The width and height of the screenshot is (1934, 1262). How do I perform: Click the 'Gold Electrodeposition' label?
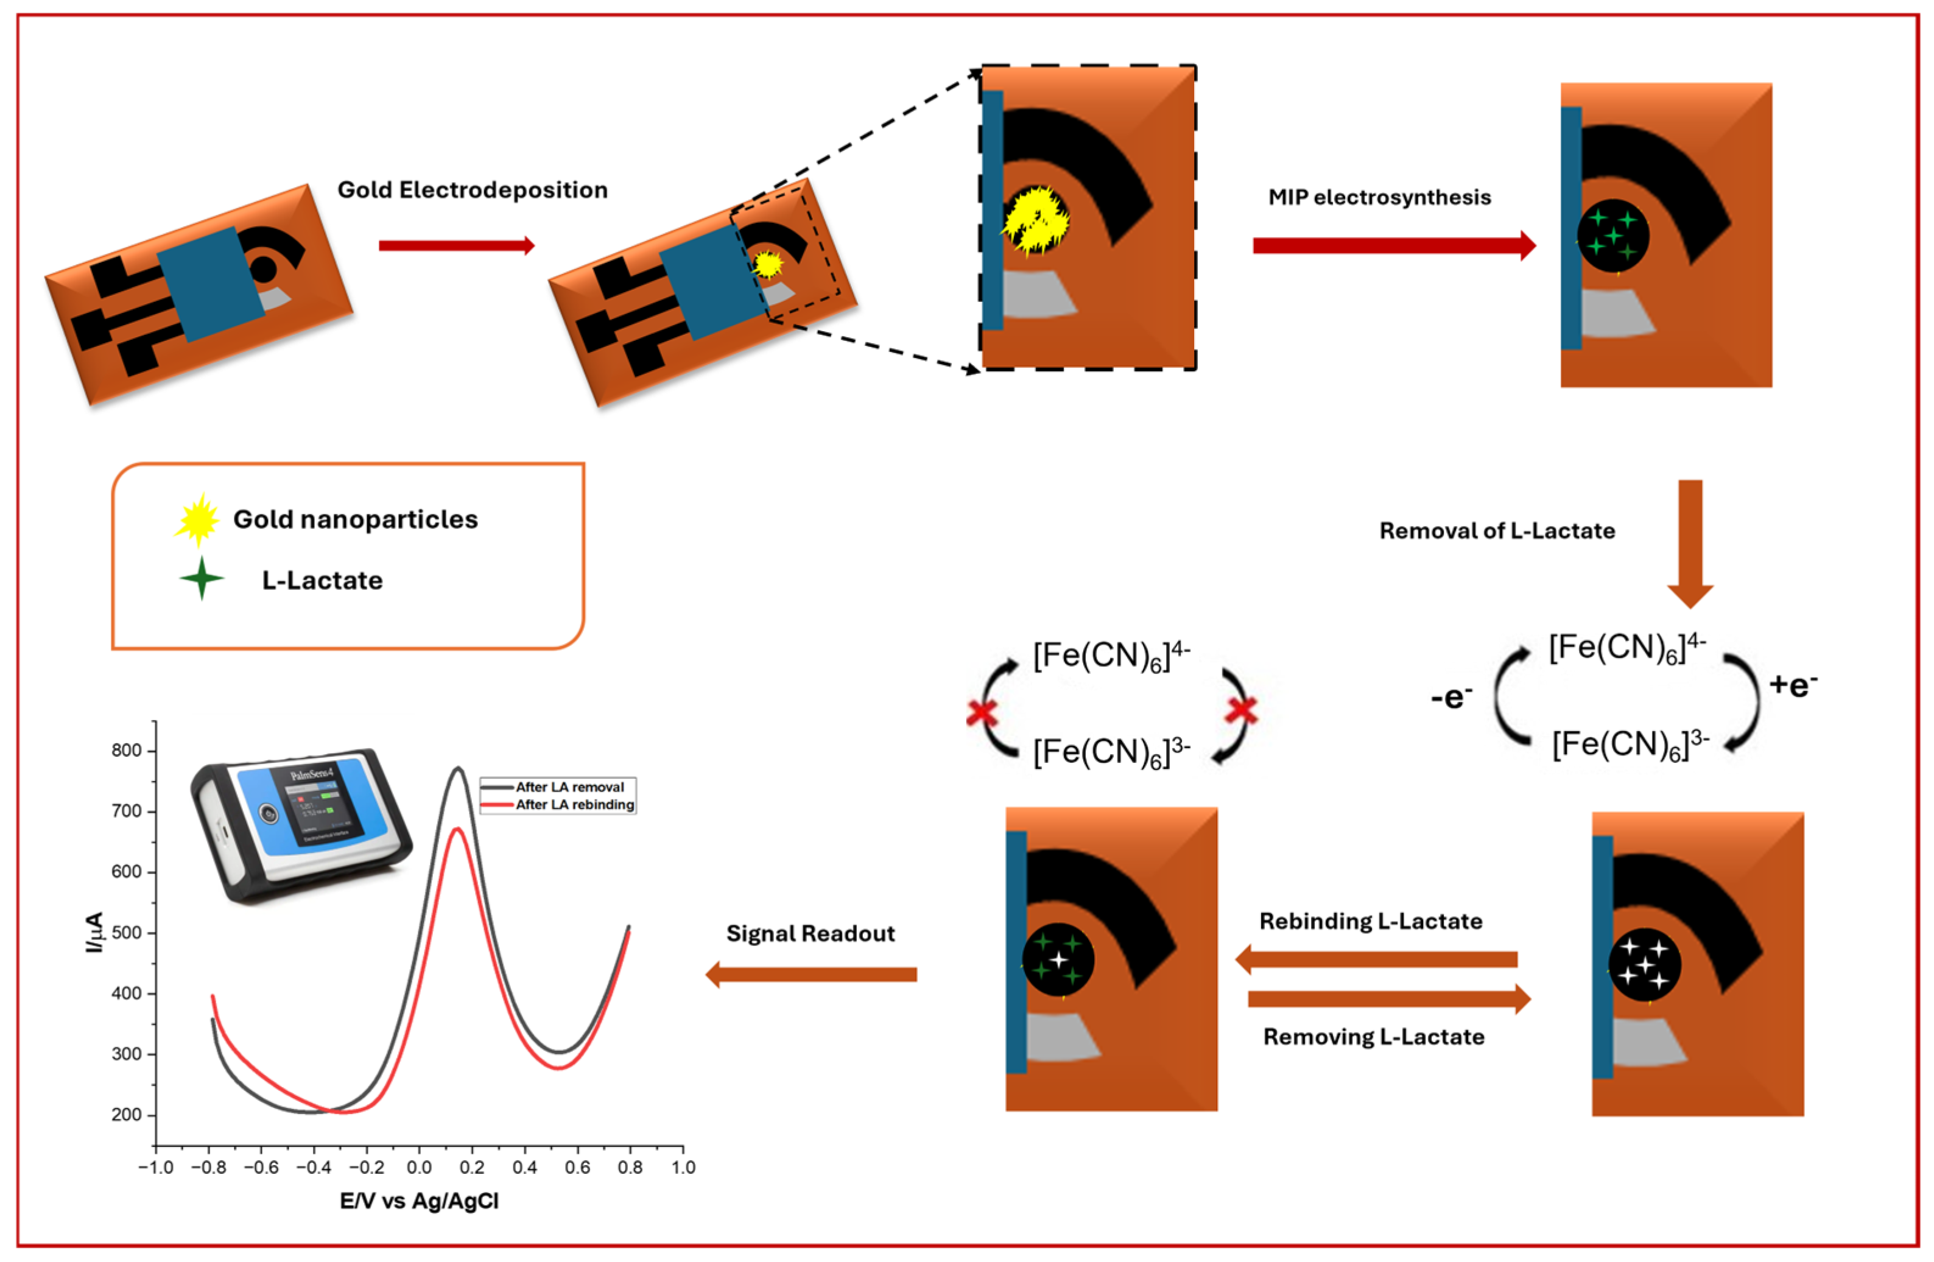472,190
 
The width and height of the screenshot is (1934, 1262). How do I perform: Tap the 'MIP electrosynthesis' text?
1379,197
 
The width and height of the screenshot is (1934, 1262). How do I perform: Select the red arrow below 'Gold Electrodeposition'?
457,245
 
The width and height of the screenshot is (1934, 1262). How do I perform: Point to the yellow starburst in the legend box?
197,520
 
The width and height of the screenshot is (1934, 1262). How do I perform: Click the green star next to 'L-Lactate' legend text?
202,578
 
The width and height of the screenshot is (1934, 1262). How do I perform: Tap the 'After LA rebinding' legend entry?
574,804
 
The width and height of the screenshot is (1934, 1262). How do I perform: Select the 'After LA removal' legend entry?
569,787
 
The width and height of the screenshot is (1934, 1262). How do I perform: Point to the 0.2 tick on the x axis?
472,1167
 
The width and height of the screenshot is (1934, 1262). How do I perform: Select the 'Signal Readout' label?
810,934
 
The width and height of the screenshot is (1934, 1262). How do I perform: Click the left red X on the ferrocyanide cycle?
982,713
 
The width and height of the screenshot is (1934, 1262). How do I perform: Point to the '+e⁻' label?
1793,684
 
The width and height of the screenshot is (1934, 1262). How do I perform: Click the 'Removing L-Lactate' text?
1373,1037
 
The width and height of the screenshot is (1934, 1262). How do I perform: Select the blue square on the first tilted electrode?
209,284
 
